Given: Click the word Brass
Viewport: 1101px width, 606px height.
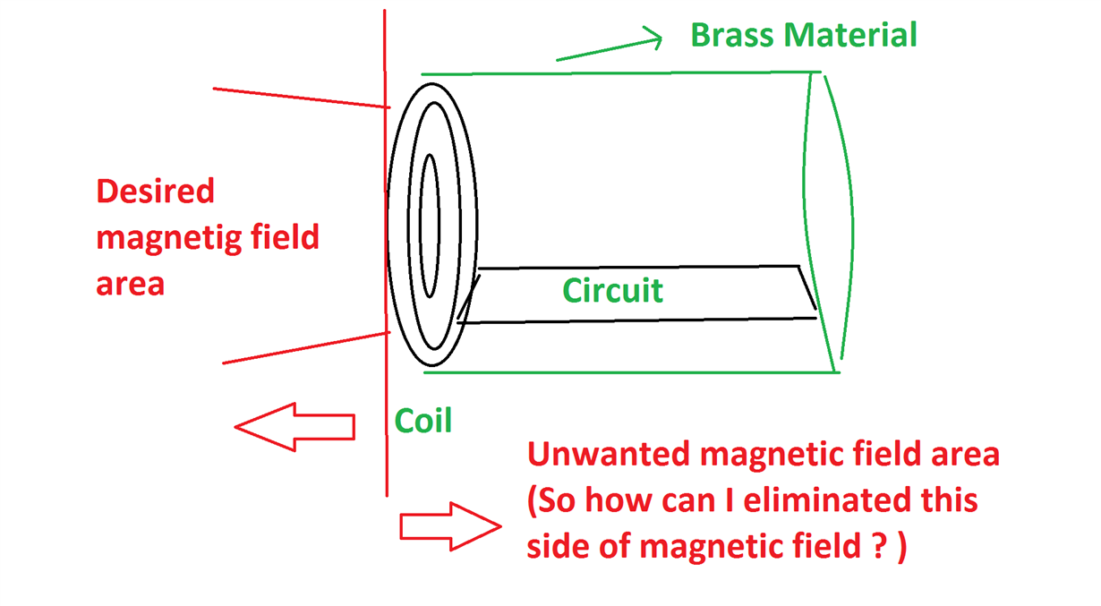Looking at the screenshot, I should (733, 36).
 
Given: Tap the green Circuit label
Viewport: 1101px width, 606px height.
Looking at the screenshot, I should (613, 290).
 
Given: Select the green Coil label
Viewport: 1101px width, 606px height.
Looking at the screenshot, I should (423, 420).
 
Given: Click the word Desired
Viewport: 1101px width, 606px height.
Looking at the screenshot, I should (156, 192).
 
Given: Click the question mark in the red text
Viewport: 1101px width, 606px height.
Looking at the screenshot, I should (878, 546).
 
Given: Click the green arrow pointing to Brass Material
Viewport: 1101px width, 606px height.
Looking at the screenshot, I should (609, 48).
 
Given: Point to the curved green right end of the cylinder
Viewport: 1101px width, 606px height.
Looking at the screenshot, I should (847, 224).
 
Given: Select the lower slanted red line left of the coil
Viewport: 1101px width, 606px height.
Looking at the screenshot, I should (304, 347).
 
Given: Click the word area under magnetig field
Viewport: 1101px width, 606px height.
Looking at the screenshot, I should (131, 285).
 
